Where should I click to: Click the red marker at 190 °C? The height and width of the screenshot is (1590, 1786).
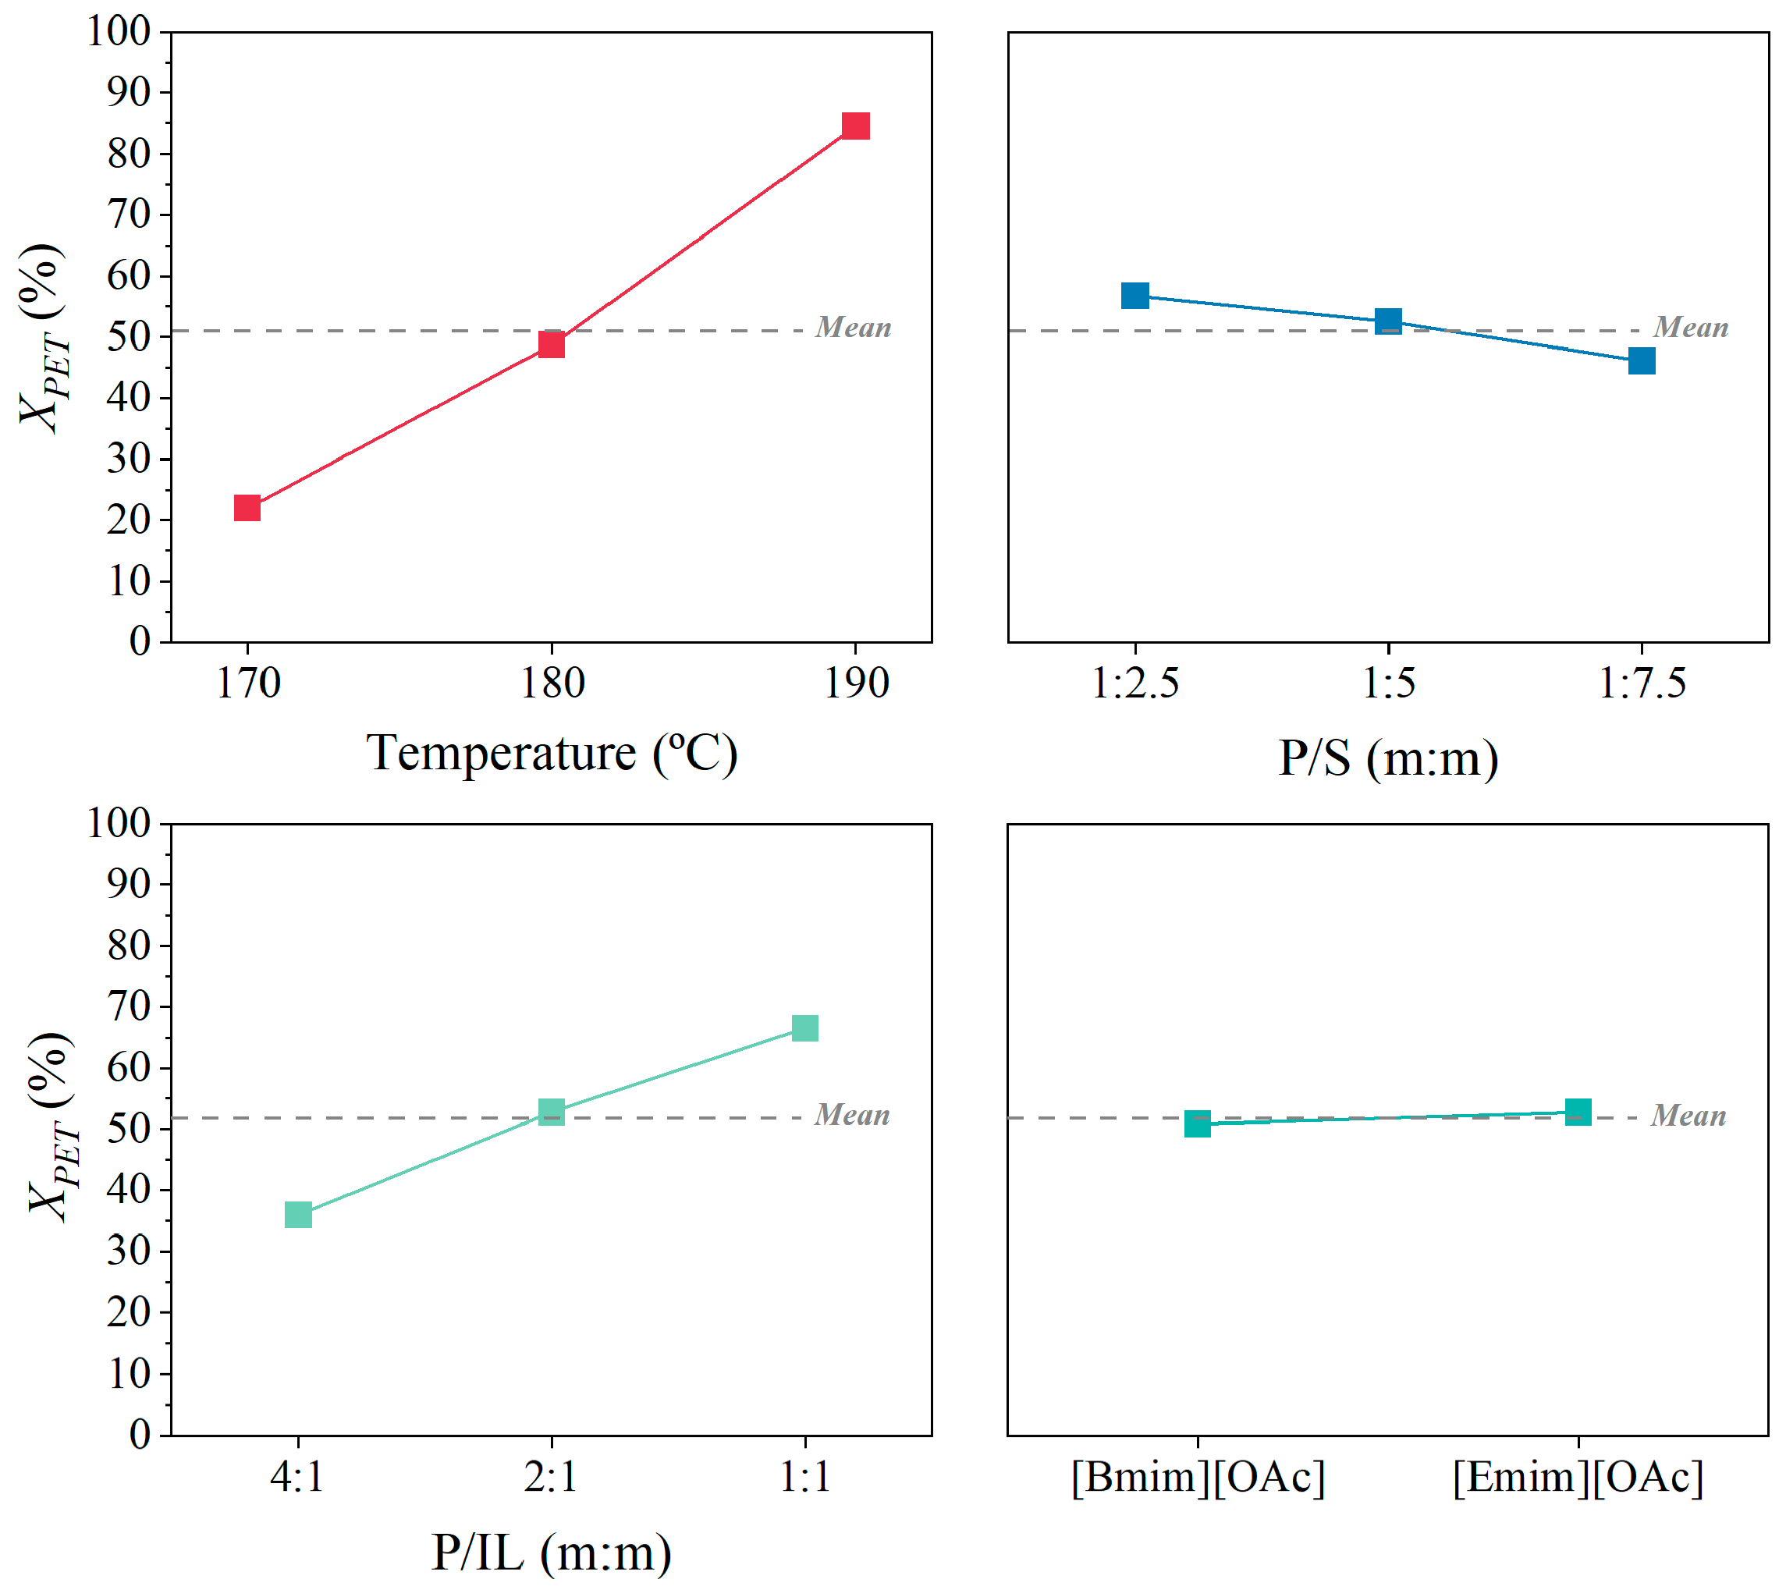[855, 126]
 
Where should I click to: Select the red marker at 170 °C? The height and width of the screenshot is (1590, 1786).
[247, 508]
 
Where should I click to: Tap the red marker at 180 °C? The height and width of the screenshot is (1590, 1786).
[552, 344]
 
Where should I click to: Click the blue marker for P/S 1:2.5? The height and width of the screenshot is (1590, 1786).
[1135, 295]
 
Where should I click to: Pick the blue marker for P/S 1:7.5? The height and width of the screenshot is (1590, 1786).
[1642, 360]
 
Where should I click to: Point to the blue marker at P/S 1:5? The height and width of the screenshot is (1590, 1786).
[1388, 321]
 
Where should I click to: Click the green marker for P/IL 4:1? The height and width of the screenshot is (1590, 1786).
[298, 1214]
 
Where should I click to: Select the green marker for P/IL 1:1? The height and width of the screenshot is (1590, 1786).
[804, 1027]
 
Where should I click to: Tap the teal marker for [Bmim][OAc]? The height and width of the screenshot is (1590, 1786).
[1198, 1123]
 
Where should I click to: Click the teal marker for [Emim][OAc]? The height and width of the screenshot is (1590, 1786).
[1578, 1112]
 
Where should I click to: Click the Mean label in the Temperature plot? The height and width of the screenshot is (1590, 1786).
[853, 328]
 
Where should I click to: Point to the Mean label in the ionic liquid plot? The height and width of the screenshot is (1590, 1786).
[1688, 1116]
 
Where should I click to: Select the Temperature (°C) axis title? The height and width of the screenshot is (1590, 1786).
[552, 753]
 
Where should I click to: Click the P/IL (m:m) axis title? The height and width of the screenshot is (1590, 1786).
[552, 1553]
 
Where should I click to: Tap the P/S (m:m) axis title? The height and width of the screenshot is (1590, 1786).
[1388, 757]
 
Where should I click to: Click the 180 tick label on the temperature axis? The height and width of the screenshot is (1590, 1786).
[552, 683]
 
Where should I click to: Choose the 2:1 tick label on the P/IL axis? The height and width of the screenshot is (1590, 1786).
[552, 1478]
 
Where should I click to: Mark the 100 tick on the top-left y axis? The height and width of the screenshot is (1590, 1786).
[118, 31]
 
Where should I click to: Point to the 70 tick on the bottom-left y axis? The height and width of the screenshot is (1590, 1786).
[129, 1006]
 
